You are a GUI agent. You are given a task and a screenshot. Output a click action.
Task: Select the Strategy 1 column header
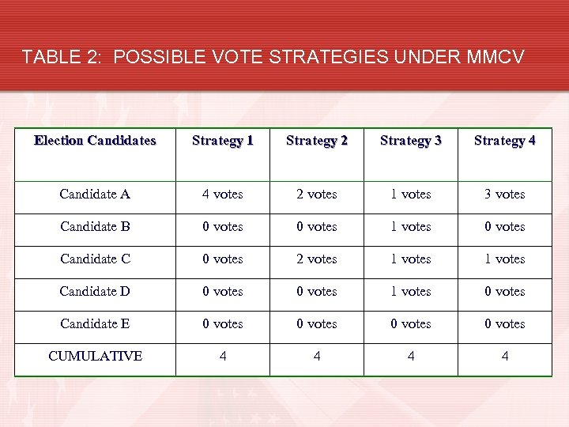pyautogui.click(x=223, y=141)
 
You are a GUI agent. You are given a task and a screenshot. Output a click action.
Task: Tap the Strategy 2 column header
pyautogui.click(x=317, y=141)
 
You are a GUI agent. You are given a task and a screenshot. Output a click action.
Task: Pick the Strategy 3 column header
pyautogui.click(x=411, y=141)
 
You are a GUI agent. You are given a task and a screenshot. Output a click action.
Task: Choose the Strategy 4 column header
pyautogui.click(x=505, y=141)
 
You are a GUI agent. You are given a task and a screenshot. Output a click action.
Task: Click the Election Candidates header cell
pyautogui.click(x=96, y=141)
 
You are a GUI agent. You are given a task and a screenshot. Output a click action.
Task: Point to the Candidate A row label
pyautogui.click(x=96, y=194)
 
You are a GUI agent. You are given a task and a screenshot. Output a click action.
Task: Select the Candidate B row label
pyautogui.click(x=96, y=226)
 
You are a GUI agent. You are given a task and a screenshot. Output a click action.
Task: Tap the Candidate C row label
pyautogui.click(x=96, y=259)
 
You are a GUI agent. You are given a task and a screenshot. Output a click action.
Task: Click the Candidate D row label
pyautogui.click(x=96, y=291)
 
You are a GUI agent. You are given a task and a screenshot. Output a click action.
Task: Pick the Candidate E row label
pyautogui.click(x=96, y=323)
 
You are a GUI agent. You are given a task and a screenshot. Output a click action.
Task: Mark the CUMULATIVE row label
pyautogui.click(x=96, y=356)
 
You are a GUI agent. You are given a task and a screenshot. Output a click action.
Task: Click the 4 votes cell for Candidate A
pyautogui.click(x=223, y=194)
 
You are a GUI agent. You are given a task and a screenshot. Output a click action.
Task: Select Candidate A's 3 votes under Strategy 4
pyautogui.click(x=505, y=194)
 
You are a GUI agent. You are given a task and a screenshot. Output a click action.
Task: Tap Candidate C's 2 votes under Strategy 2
pyautogui.click(x=317, y=259)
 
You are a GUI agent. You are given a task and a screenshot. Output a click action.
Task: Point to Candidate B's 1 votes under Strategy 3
pyautogui.click(x=411, y=226)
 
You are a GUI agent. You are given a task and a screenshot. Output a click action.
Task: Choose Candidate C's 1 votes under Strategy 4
pyautogui.click(x=505, y=259)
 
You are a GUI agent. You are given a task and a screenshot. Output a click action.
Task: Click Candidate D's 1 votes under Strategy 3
pyautogui.click(x=411, y=291)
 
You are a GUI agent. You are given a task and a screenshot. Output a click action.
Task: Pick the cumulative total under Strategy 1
pyautogui.click(x=223, y=357)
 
